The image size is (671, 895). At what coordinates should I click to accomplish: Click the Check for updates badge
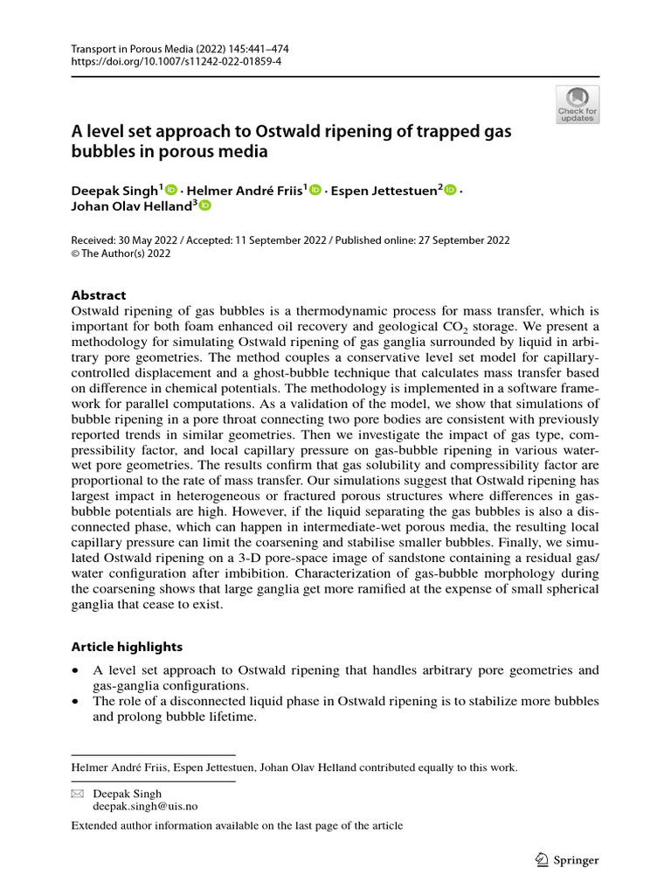tap(578, 105)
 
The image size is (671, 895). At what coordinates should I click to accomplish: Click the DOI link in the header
tap(180, 61)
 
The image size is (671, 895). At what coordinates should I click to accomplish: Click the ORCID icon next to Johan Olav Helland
tap(205, 206)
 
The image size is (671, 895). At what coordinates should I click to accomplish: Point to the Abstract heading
tap(98, 295)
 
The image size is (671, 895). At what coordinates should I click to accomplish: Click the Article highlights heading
tap(127, 647)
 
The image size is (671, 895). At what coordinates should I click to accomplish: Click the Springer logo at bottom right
tap(565, 860)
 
